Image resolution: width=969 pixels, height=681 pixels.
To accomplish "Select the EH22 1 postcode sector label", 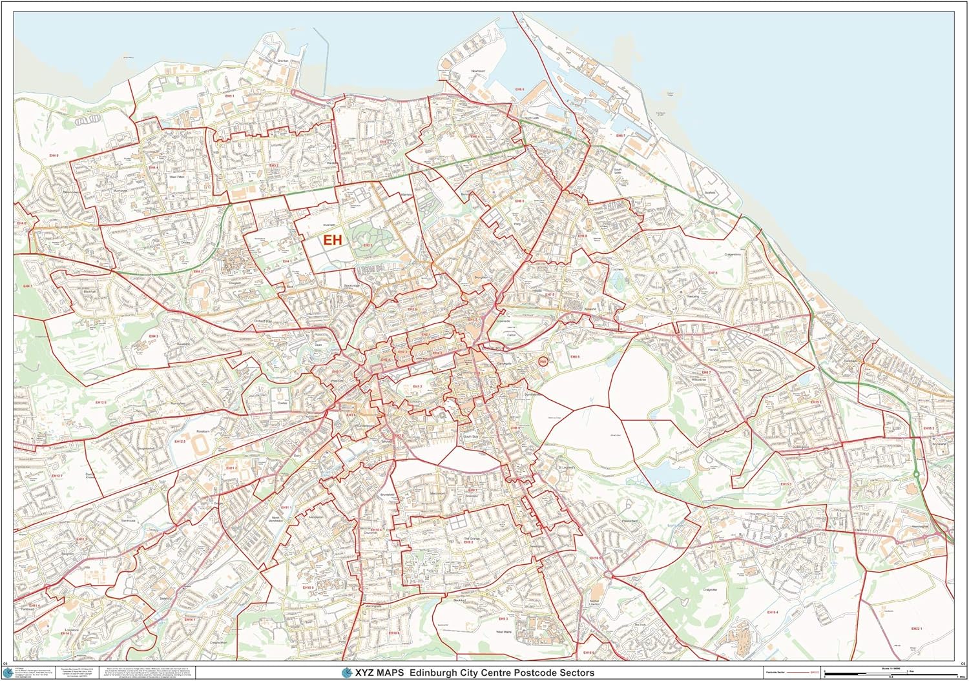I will click(916, 628).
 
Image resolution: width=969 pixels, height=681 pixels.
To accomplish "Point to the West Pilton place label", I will click(178, 176).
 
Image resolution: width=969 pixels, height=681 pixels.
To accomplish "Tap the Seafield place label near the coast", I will click(711, 192).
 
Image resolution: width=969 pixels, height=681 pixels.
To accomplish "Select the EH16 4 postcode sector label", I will click(772, 612).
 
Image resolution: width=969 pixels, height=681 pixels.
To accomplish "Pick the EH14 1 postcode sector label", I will click(189, 620).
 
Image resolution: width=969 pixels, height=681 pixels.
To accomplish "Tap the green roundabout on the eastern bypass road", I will click(917, 474).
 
